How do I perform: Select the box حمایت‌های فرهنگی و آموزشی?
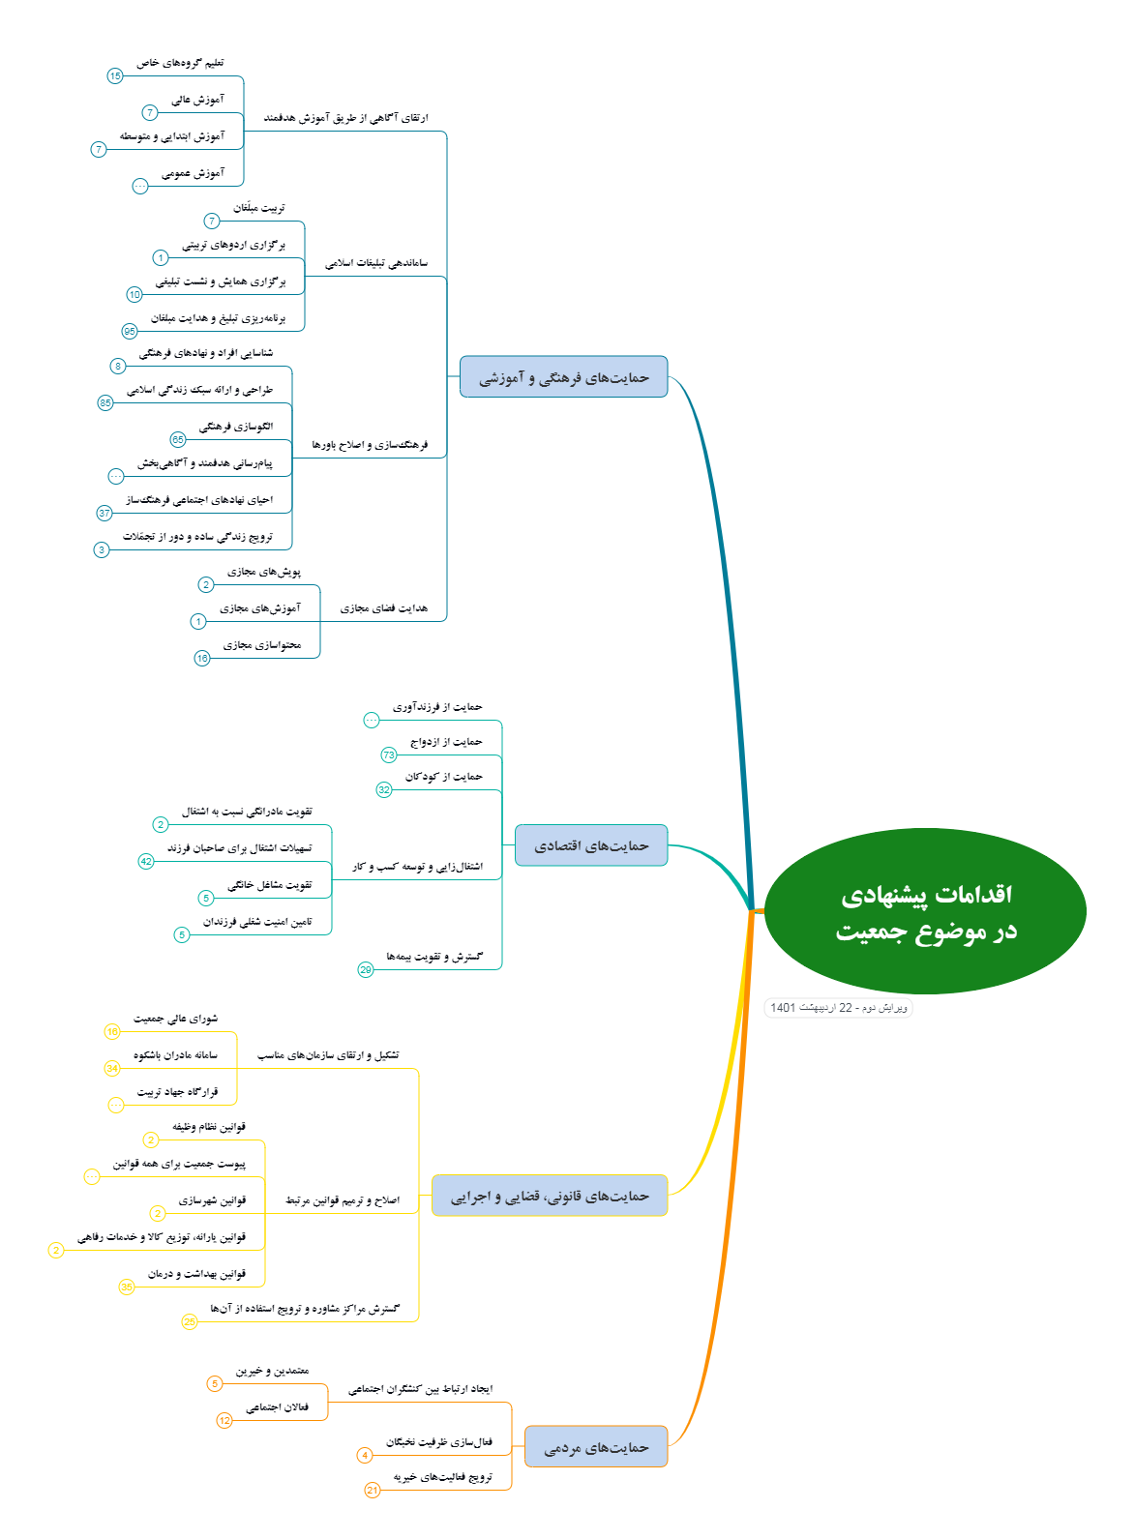pyautogui.click(x=564, y=376)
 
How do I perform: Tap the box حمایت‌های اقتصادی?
pyautogui.click(x=591, y=845)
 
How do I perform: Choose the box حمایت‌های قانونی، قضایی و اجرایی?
pyautogui.click(x=550, y=1196)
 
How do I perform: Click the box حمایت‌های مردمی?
pyautogui.click(x=596, y=1447)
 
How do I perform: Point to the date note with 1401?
pyautogui.click(x=838, y=1007)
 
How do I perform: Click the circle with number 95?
pyautogui.click(x=130, y=331)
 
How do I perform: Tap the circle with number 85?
pyautogui.click(x=105, y=402)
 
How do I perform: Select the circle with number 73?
pyautogui.click(x=389, y=755)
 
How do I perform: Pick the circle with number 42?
pyautogui.click(x=146, y=861)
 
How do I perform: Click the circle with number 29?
pyautogui.click(x=366, y=969)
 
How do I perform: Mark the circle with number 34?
pyautogui.click(x=112, y=1068)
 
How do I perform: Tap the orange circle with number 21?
pyautogui.click(x=373, y=1491)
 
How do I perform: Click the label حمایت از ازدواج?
pyautogui.click(x=446, y=741)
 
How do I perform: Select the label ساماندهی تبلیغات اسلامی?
pyautogui.click(x=376, y=262)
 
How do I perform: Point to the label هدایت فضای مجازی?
pyautogui.click(x=383, y=608)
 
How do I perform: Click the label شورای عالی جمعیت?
pyautogui.click(x=175, y=1019)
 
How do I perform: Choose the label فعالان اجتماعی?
pyautogui.click(x=278, y=1407)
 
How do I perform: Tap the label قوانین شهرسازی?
pyautogui.click(x=212, y=1200)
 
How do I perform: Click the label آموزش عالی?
pyautogui.click(x=198, y=100)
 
